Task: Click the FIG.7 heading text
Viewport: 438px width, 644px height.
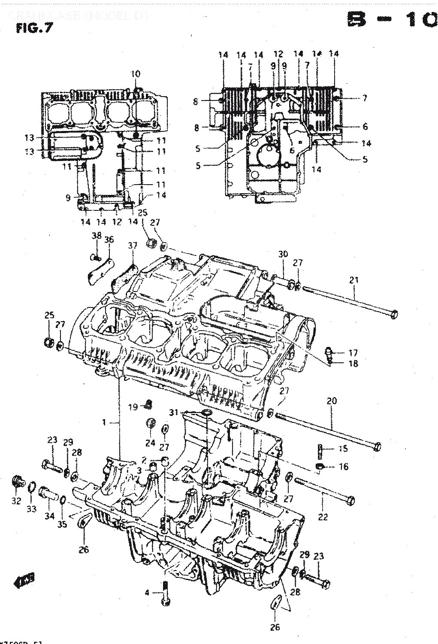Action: coord(31,29)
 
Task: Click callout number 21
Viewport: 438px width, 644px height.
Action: coord(353,280)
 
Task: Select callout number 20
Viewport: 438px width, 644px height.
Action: coord(332,401)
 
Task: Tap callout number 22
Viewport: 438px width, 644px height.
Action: coord(323,517)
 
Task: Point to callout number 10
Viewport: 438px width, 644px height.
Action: coord(135,74)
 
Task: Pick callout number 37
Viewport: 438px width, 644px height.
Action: coord(133,245)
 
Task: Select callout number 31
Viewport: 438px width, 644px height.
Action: coord(173,413)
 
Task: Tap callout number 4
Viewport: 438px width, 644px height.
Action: coord(147,593)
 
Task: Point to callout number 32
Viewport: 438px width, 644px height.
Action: coord(16,501)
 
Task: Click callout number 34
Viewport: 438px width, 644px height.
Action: coord(50,516)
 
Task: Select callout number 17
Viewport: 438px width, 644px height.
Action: coord(353,353)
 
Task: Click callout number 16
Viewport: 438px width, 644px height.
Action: coord(343,467)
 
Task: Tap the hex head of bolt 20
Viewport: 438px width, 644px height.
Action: coord(376,447)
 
